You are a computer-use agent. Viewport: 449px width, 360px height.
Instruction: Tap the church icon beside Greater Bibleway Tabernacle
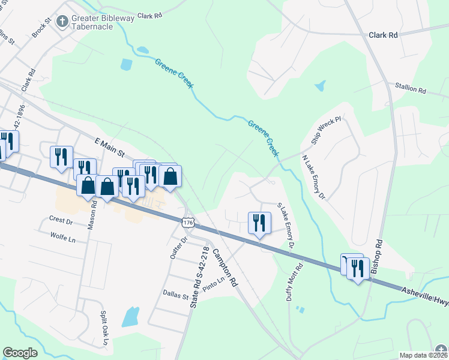tap(61, 22)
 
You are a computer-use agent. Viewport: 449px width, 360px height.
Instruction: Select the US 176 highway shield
tap(188, 222)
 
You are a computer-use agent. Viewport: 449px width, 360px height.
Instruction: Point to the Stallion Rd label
tap(410, 90)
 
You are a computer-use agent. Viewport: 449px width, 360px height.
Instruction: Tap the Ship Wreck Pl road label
tap(326, 131)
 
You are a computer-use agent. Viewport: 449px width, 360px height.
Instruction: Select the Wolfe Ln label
tap(64, 239)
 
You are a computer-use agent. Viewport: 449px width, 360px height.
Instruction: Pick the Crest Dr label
tap(61, 221)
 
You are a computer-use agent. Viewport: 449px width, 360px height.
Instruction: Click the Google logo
tap(20, 352)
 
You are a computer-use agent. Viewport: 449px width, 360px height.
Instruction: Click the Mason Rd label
tap(94, 211)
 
